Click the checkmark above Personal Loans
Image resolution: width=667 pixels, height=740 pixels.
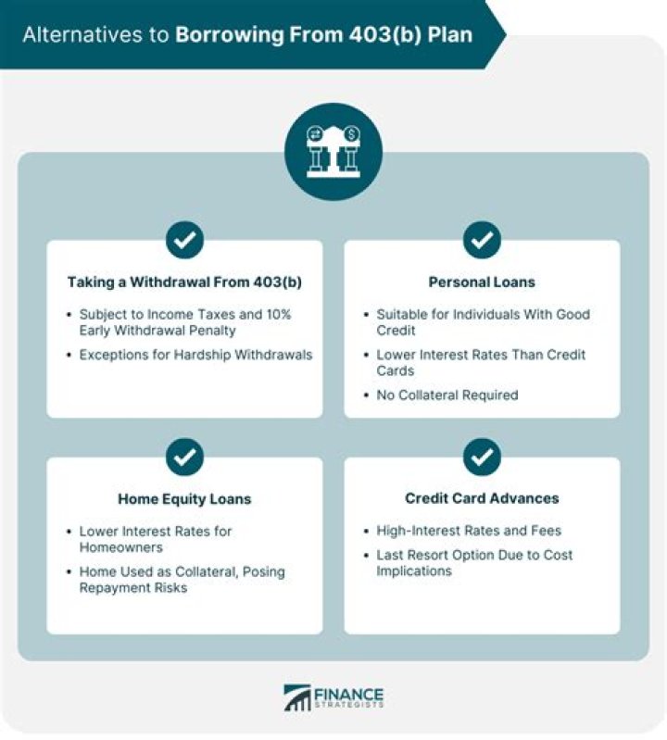tap(482, 240)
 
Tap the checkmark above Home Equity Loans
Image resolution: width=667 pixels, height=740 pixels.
tap(184, 457)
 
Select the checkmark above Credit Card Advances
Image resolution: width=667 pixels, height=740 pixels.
tap(482, 457)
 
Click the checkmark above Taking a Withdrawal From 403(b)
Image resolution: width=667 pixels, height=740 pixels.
tap(184, 240)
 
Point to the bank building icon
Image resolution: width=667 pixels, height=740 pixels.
tap(333, 152)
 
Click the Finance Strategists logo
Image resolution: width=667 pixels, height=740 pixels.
tap(333, 697)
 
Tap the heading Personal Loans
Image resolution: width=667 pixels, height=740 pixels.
tap(482, 282)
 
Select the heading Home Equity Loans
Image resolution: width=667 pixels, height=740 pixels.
tap(184, 499)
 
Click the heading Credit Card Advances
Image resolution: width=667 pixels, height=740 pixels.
tap(482, 498)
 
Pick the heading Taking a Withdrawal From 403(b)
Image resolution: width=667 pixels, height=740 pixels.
tap(184, 282)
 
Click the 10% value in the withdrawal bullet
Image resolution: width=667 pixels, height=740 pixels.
tap(278, 314)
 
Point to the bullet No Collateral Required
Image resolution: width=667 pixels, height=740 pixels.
tap(447, 395)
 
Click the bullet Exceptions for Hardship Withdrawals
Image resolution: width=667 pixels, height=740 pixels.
tap(195, 355)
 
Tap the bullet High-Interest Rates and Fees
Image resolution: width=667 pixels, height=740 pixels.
tap(469, 531)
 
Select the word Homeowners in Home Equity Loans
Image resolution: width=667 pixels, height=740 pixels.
tap(120, 547)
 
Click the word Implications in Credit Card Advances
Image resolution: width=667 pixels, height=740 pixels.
tap(414, 571)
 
